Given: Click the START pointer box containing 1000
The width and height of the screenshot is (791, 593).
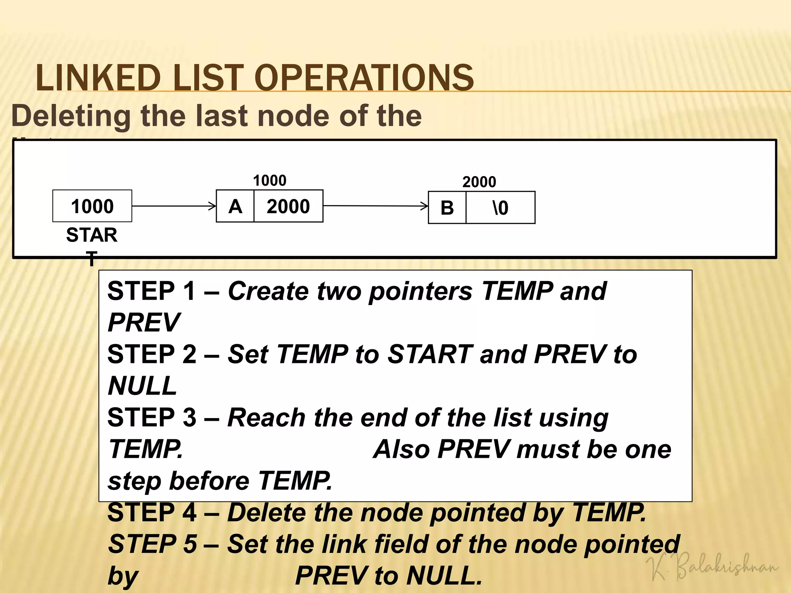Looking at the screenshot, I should pos(92,206).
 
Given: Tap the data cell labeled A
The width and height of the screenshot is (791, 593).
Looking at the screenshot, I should pos(235,206).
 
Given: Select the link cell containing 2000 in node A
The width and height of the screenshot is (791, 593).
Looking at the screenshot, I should pos(288,206).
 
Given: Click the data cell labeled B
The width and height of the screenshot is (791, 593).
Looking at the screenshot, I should pos(447,208).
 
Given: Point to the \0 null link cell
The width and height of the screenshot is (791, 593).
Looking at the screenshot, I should pos(500,208).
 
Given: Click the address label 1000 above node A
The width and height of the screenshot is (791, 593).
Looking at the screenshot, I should pos(270,180).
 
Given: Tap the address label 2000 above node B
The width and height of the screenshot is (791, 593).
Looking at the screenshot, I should pos(479,182).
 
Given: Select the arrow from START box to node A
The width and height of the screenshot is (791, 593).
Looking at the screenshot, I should pos(174,206).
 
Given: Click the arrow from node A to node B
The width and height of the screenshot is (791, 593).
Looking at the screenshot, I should pos(375,206).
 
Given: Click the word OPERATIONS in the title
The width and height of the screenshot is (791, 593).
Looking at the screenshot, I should pos(363,78).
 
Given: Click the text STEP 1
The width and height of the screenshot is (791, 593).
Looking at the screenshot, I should pos(151,291).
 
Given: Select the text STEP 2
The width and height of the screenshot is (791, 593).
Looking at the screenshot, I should pos(151,354).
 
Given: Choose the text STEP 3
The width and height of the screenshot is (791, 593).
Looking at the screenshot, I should pos(151,417).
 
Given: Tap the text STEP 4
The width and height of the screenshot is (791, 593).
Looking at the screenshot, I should pos(151,512).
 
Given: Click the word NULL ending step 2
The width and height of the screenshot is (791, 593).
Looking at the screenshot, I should pos(143,386).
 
